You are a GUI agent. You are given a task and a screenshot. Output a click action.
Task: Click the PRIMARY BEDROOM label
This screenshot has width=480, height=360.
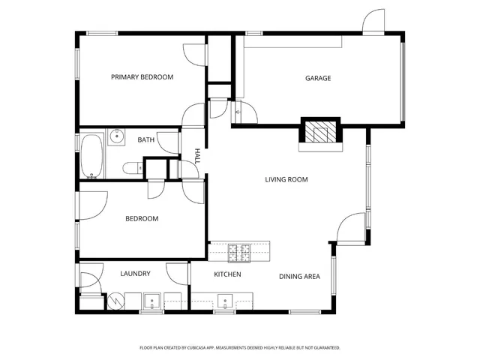142,77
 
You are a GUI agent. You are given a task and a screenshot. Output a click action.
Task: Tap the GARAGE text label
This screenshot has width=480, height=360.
318,78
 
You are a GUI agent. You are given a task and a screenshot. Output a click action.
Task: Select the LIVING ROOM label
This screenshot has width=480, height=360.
286,179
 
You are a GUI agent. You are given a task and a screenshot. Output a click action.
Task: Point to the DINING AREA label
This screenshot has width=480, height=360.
300,277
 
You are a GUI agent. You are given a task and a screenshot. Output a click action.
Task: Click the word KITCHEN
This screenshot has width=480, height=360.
227,275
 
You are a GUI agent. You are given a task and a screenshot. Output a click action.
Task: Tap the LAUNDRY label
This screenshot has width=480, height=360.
135,274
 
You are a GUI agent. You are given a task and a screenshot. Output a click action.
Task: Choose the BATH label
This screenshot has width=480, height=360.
145,139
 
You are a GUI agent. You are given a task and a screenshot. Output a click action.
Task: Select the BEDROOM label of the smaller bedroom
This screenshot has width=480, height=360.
141,219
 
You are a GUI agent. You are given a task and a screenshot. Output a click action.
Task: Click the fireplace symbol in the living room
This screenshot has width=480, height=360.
321,133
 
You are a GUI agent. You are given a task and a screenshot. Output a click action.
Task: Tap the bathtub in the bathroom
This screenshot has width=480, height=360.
93,156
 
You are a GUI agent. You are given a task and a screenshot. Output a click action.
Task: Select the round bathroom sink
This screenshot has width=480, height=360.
116,136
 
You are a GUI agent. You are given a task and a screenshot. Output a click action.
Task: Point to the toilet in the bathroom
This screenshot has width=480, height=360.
131,168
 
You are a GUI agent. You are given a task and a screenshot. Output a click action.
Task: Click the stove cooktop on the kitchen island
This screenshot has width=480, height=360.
239,253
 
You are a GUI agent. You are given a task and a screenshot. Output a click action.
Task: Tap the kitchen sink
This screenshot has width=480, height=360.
225,302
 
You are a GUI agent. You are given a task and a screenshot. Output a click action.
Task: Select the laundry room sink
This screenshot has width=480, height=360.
152,302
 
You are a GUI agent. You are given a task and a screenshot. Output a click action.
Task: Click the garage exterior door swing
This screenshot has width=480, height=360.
373,22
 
